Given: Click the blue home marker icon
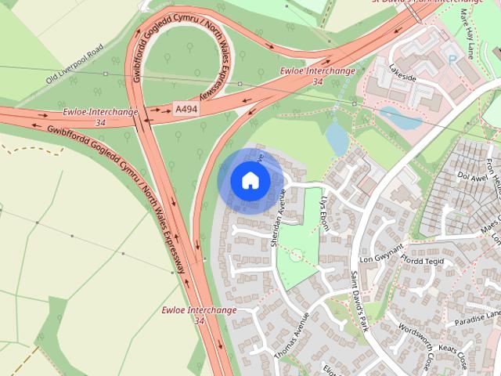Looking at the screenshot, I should [x=250, y=181].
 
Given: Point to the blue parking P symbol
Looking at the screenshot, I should [x=451, y=59].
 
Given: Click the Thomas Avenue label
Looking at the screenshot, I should [x=292, y=336].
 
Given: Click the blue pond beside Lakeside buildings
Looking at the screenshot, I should [x=398, y=117].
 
